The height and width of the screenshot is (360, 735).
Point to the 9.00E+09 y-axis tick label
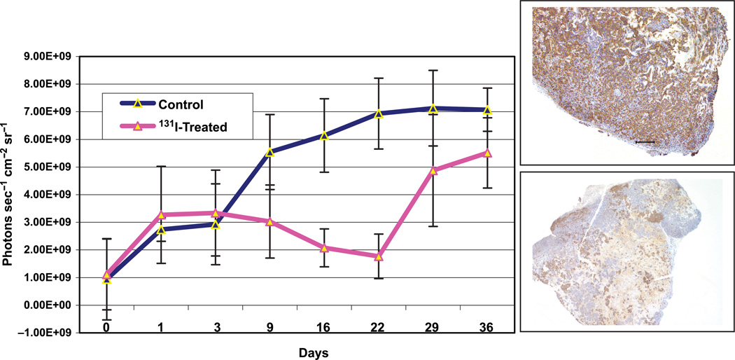pyautogui.click(x=52, y=56)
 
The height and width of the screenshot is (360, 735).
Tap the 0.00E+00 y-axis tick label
pyautogui.click(x=52, y=305)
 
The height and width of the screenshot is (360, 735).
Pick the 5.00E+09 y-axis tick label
pyautogui.click(x=52, y=167)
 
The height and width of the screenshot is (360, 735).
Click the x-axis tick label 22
pyautogui.click(x=379, y=327)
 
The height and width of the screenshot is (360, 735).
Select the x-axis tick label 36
pyautogui.click(x=488, y=327)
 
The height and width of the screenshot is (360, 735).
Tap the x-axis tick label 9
pyautogui.click(x=269, y=327)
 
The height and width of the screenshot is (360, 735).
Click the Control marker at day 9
pyautogui.click(x=269, y=152)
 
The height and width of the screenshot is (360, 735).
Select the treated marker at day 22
pyautogui.click(x=379, y=256)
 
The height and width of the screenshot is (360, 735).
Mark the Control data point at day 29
pyautogui.click(x=433, y=109)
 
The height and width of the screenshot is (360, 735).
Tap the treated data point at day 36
pyautogui.click(x=488, y=153)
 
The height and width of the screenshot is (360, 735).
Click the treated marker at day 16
pyautogui.click(x=324, y=248)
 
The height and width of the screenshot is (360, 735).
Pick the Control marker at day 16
pyautogui.click(x=324, y=136)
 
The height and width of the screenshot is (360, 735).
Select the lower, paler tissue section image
pyautogui.click(x=627, y=261)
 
